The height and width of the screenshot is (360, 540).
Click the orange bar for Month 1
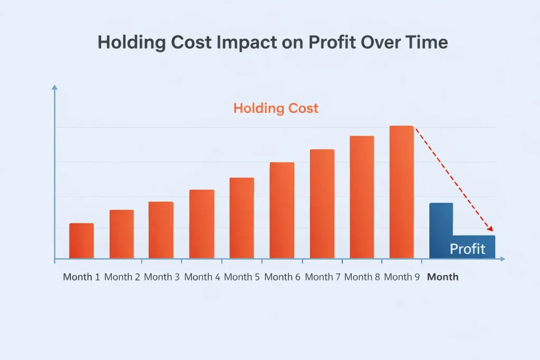point(81,241)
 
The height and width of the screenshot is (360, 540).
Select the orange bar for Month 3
point(161,230)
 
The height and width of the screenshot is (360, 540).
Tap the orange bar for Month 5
point(242,218)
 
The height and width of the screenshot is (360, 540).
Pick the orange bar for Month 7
point(322,204)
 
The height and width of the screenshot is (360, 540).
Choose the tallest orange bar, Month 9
point(401,192)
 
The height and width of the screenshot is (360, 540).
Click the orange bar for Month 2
point(121,235)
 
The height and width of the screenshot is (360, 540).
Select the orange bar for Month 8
point(362,198)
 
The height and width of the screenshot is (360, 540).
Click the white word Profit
point(467,249)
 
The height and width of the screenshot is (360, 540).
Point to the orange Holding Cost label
point(276,109)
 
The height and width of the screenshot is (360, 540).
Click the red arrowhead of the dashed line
point(490,229)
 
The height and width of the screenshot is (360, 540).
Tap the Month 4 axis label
point(202,277)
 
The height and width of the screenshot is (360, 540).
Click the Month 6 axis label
point(282,277)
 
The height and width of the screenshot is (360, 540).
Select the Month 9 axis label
point(402,277)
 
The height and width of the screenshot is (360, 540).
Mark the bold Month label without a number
point(442,277)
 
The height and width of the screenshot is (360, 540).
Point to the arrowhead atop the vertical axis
point(54,88)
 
